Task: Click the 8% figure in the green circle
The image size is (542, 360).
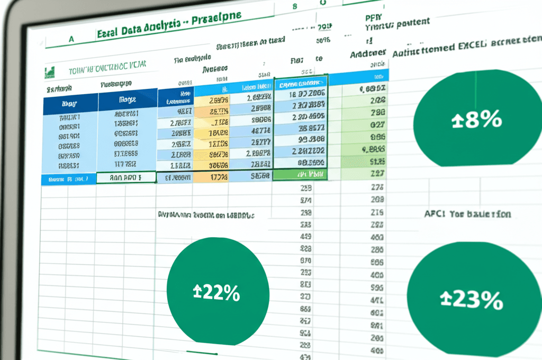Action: pyautogui.click(x=482, y=120)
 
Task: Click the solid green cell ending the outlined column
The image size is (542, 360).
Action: pyautogui.click(x=301, y=174)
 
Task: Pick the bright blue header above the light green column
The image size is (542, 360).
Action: pyautogui.click(x=365, y=75)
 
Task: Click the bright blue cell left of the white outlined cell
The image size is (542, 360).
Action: pyautogui.click(x=68, y=179)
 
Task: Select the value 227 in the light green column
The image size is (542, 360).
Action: pyautogui.click(x=377, y=173)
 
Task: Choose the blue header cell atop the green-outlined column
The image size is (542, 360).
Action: pyautogui.click(x=301, y=84)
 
